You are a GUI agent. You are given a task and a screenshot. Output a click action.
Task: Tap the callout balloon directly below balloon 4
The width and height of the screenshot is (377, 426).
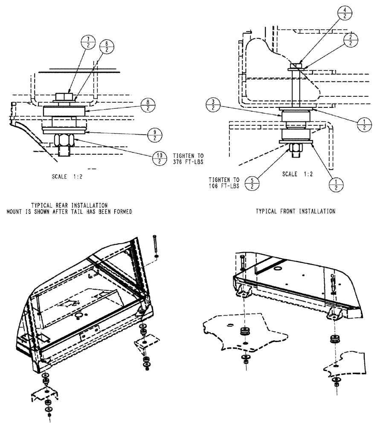pyautogui.click(x=351, y=41)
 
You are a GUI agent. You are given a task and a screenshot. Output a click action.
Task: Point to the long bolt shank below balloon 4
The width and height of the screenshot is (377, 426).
pyautogui.click(x=294, y=89)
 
